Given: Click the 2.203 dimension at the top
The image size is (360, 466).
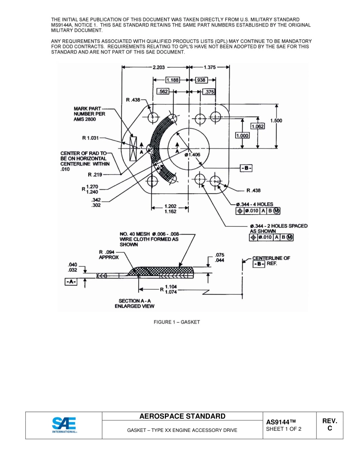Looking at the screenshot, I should [x=158, y=67].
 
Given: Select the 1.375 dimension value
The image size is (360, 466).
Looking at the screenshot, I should [x=210, y=67].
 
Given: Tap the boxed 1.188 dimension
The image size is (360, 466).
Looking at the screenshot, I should [x=172, y=80].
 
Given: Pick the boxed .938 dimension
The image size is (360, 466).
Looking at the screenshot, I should [x=201, y=80].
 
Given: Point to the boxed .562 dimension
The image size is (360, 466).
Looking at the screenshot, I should [x=163, y=92].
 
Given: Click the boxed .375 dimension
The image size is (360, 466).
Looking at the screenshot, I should [x=209, y=92].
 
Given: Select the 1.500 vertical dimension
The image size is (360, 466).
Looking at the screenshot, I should [x=276, y=120].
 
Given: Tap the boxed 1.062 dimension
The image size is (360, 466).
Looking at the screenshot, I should [x=258, y=126].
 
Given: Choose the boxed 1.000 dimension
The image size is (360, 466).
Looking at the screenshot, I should [x=242, y=135].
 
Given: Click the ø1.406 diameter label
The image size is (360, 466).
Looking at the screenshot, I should [x=193, y=155].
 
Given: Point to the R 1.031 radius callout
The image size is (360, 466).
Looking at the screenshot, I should [x=91, y=138].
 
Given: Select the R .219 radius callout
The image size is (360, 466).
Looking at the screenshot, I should [x=95, y=175].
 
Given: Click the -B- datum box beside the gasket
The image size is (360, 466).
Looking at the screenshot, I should [x=246, y=168].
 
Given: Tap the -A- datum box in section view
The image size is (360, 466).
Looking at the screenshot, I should [x=71, y=282].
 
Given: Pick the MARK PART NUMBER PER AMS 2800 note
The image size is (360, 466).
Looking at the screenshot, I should [x=89, y=114].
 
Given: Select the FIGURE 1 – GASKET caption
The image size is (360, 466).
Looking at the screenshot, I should [x=177, y=322].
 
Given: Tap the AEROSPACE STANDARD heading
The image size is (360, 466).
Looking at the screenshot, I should [x=182, y=416].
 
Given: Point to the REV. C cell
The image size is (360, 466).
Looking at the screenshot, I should [x=329, y=425].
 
